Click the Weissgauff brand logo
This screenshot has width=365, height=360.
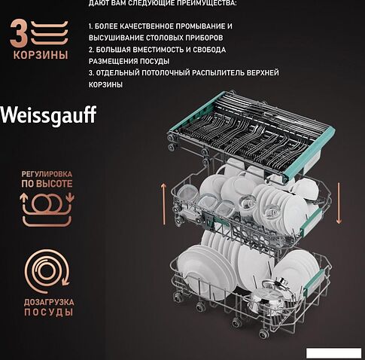pyautogui.click(x=48, y=115)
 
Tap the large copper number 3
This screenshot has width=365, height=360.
pyautogui.click(x=19, y=34)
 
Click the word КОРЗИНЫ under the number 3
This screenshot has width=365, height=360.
pyautogui.click(x=41, y=55)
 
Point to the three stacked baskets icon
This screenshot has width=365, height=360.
pyautogui.click(x=50, y=33)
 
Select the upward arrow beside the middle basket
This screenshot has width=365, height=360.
pyautogui.click(x=164, y=204)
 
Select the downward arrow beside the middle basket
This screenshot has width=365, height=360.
pyautogui.click(x=339, y=203)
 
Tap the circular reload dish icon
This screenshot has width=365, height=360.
pyautogui.click(x=47, y=271)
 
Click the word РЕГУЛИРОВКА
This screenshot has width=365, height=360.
pyautogui.click(x=47, y=174)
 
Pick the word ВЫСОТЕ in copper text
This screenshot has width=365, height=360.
pyautogui.click(x=54, y=184)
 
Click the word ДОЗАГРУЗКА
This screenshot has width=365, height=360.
pyautogui.click(x=49, y=302)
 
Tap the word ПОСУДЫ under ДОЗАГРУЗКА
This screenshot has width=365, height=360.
pyautogui.click(x=49, y=313)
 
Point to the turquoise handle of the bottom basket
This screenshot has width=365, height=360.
pyautogui.click(x=314, y=282)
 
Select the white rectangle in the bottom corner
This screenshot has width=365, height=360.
pyautogui.click(x=333, y=353)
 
